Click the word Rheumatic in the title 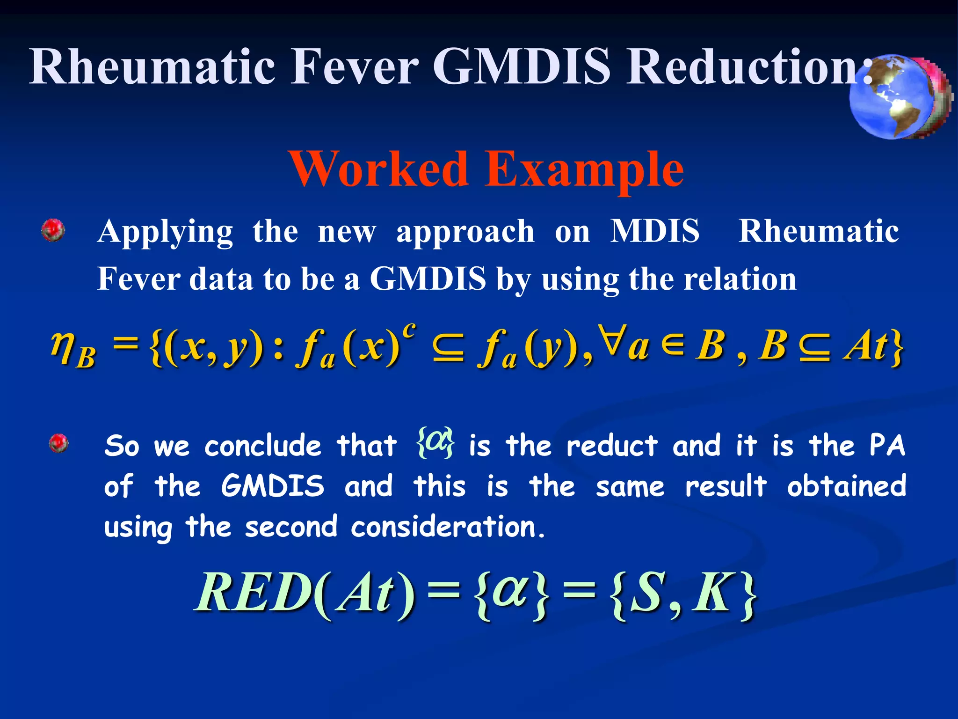152,66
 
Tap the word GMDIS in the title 522,66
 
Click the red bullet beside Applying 53,230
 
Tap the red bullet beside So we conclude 59,443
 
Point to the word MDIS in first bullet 655,231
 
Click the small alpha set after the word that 435,442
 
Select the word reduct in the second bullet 611,446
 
